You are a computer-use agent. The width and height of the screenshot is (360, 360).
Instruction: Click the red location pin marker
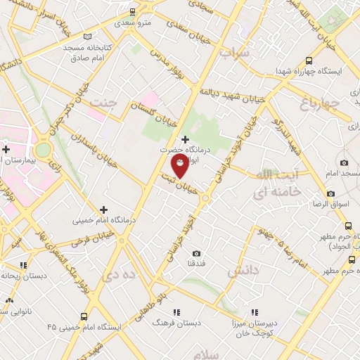click(x=180, y=165)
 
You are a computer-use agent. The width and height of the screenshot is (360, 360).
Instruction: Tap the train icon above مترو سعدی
click(x=133, y=12)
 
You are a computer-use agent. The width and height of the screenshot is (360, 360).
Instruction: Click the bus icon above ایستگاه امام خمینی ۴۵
click(x=84, y=317)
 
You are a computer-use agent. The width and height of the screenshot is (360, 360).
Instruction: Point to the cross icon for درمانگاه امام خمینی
click(x=104, y=209)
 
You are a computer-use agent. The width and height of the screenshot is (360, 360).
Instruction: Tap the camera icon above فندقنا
click(x=195, y=253)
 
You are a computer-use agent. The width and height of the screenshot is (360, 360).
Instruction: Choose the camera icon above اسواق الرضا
click(x=330, y=194)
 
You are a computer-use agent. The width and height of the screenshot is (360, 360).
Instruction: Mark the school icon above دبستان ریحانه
click(x=23, y=265)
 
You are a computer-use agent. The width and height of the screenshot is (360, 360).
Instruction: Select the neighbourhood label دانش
click(x=244, y=270)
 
